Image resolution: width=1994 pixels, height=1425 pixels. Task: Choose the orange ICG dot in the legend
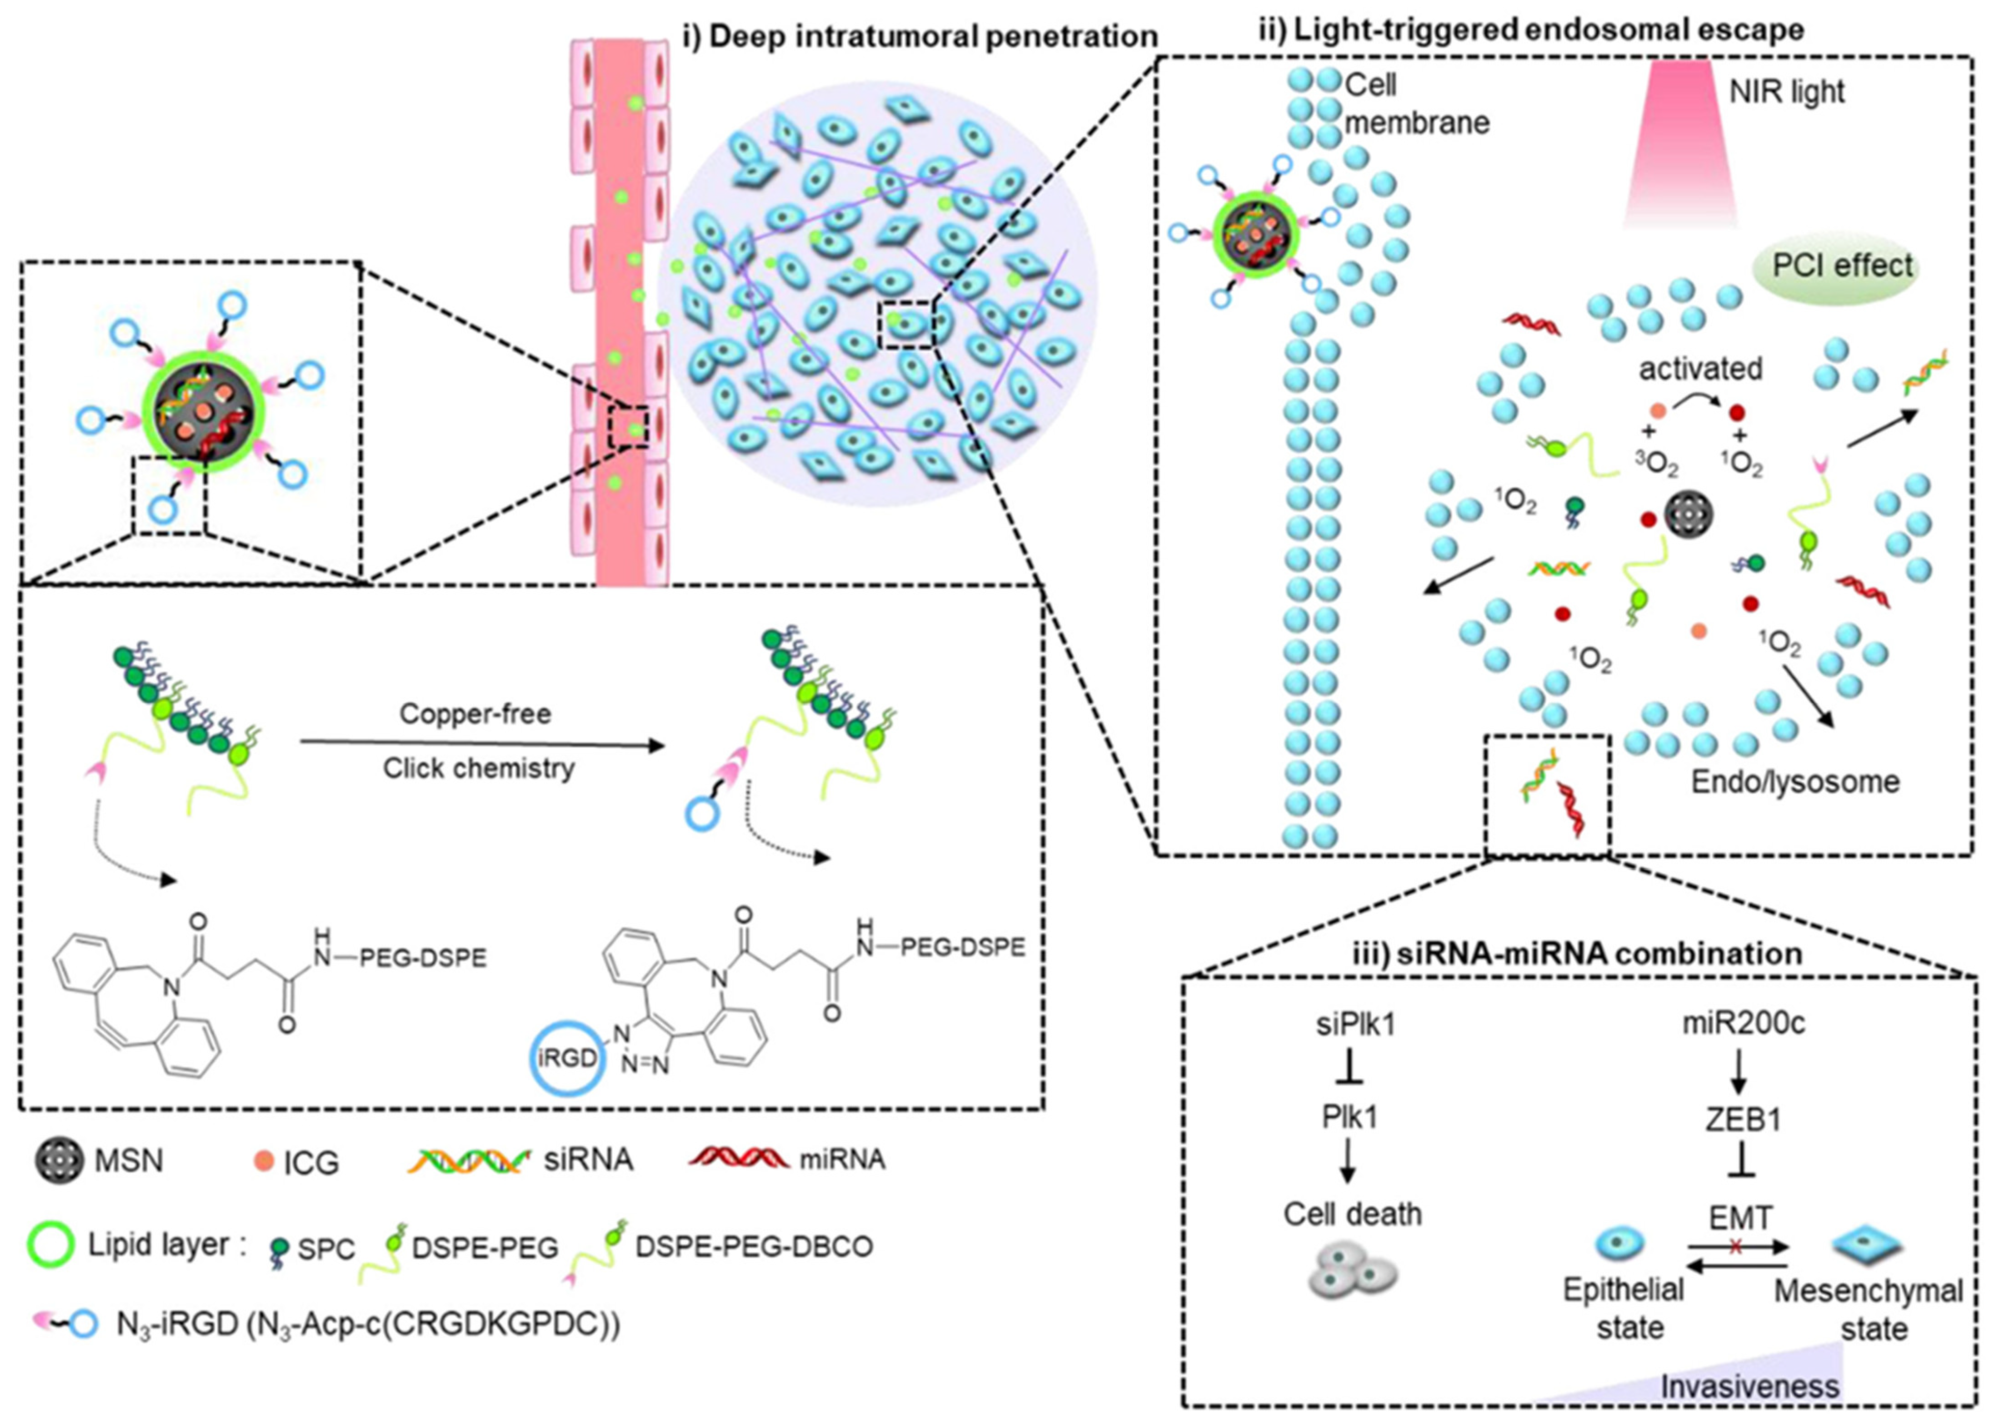[x=263, y=1161]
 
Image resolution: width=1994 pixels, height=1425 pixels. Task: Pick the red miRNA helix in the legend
[x=739, y=1158]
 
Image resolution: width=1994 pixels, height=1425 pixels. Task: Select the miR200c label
[x=1743, y=1023]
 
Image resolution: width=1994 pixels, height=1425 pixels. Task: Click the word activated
[x=1700, y=369]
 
